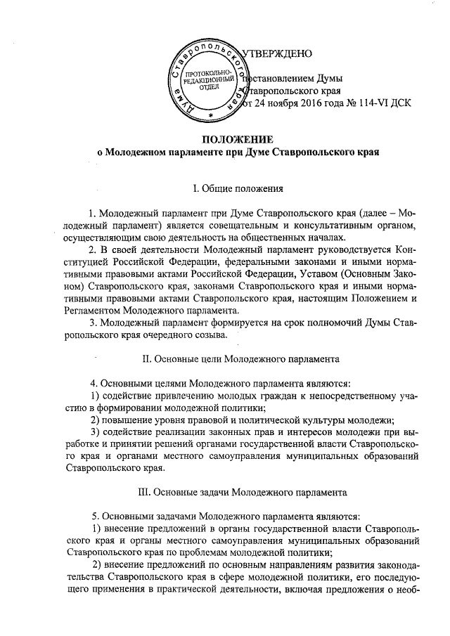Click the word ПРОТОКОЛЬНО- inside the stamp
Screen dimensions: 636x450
coord(209,74)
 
